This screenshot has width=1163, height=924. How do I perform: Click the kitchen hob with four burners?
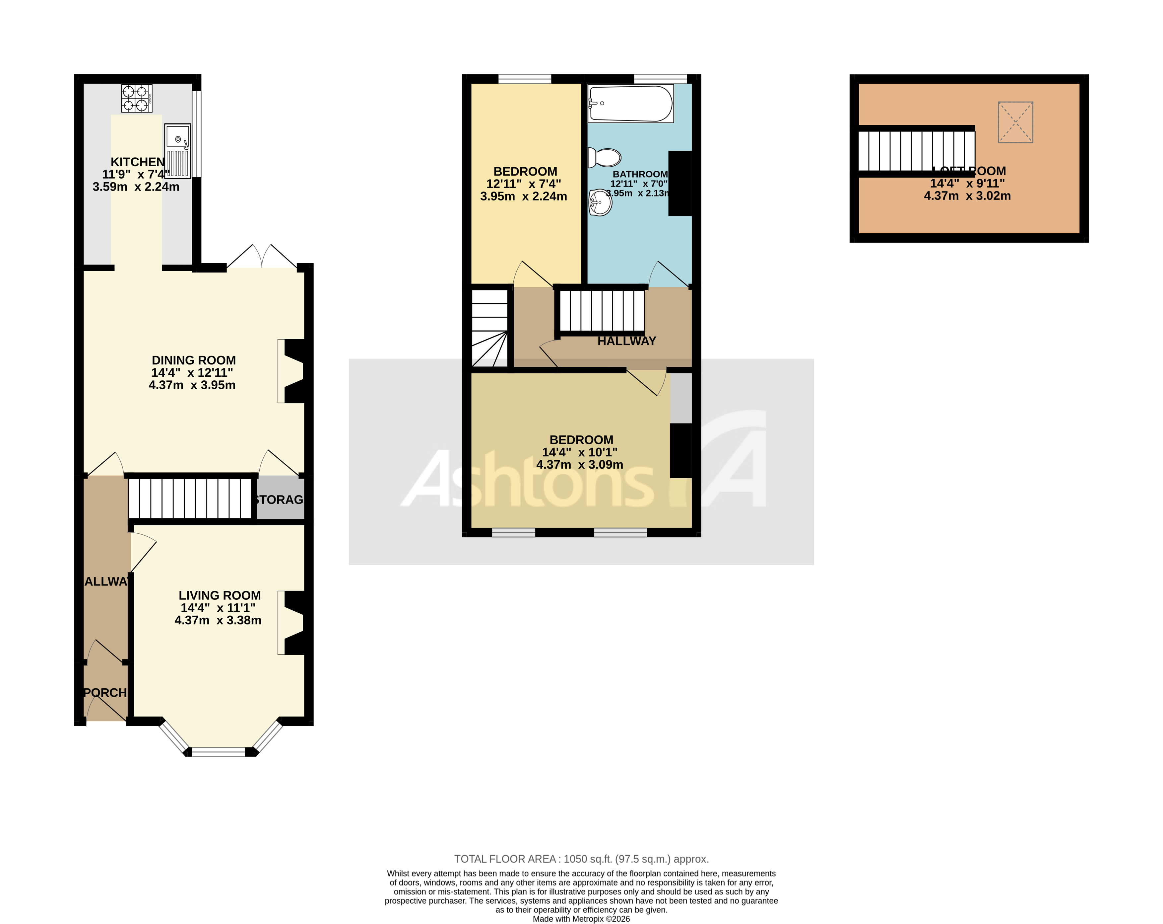click(137, 98)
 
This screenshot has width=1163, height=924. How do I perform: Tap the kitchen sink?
click(177, 151)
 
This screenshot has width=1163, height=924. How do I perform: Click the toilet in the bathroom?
click(605, 158)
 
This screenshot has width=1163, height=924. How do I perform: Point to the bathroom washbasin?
click(600, 203)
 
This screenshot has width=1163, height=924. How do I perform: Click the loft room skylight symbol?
click(1015, 122)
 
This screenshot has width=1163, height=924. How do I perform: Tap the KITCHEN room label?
click(138, 162)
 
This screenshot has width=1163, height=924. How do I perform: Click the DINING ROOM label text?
click(194, 360)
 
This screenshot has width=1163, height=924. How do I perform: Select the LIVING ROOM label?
click(220, 595)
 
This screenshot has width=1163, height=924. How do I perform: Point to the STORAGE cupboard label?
click(279, 500)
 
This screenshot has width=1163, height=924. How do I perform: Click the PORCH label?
click(105, 692)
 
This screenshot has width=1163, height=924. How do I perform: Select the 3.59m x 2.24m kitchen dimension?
click(136, 187)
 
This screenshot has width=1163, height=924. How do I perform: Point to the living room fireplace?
click(291, 623)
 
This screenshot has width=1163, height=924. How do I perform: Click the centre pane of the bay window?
click(219, 751)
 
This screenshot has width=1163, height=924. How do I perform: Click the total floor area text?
click(581, 859)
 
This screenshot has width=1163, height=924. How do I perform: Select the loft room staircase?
click(916, 151)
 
